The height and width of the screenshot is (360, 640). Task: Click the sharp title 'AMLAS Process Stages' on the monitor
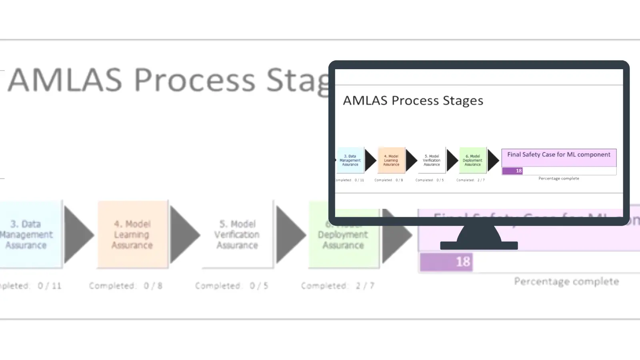[x=413, y=100]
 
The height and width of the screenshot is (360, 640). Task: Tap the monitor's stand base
[x=479, y=245]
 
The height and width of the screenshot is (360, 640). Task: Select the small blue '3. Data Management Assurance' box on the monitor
[x=350, y=160]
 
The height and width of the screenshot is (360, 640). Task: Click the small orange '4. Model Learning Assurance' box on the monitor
[x=391, y=160]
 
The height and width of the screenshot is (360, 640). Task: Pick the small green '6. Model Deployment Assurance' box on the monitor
[x=473, y=160]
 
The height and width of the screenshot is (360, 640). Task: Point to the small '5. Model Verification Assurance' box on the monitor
[x=432, y=160]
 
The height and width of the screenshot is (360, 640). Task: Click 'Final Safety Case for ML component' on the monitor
[x=559, y=155]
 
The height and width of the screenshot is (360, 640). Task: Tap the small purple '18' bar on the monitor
[x=512, y=171]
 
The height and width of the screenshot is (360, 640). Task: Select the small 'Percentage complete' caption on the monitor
[x=559, y=178]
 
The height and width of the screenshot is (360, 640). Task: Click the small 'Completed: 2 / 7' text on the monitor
[x=470, y=180]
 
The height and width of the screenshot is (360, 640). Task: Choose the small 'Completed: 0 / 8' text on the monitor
[x=389, y=180]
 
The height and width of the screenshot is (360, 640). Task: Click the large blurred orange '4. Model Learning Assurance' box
[x=132, y=234]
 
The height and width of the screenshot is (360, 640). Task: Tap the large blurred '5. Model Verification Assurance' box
[x=238, y=234]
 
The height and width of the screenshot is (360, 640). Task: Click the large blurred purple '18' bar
[x=446, y=262]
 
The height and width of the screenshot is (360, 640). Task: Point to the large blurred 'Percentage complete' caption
[x=566, y=282]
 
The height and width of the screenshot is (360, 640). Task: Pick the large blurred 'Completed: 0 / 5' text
[x=232, y=286]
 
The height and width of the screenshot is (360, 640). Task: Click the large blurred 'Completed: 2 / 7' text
[x=338, y=286]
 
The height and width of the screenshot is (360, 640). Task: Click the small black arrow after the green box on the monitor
[x=493, y=160]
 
